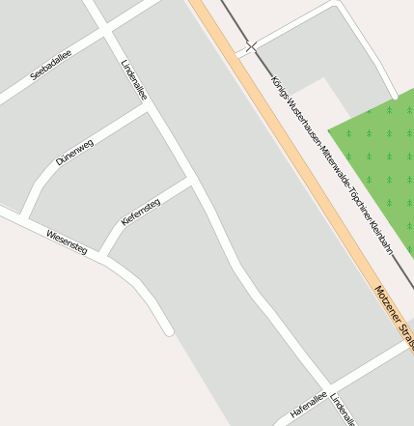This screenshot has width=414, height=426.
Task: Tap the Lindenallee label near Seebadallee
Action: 134,81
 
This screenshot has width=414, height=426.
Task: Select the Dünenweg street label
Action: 74,152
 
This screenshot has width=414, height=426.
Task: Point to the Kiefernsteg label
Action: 141,212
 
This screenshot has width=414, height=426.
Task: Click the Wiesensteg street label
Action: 67,241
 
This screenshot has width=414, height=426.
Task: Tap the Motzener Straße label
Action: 395,315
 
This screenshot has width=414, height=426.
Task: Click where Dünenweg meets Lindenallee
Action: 148,108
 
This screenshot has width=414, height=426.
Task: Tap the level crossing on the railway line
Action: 251,45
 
